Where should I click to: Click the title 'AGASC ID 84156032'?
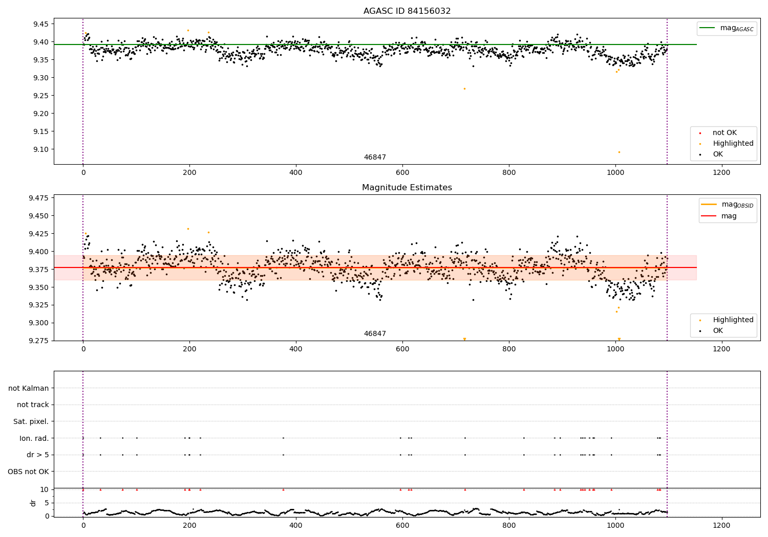407,11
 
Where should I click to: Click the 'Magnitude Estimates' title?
407,188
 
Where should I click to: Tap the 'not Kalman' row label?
29,388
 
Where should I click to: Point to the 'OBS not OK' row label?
29,472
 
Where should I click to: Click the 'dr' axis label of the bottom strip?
33,503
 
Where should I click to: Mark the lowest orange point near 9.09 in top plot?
619,152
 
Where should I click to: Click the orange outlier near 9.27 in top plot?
464,88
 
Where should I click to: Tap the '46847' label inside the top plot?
375,158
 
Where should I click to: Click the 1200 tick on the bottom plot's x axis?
721,524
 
